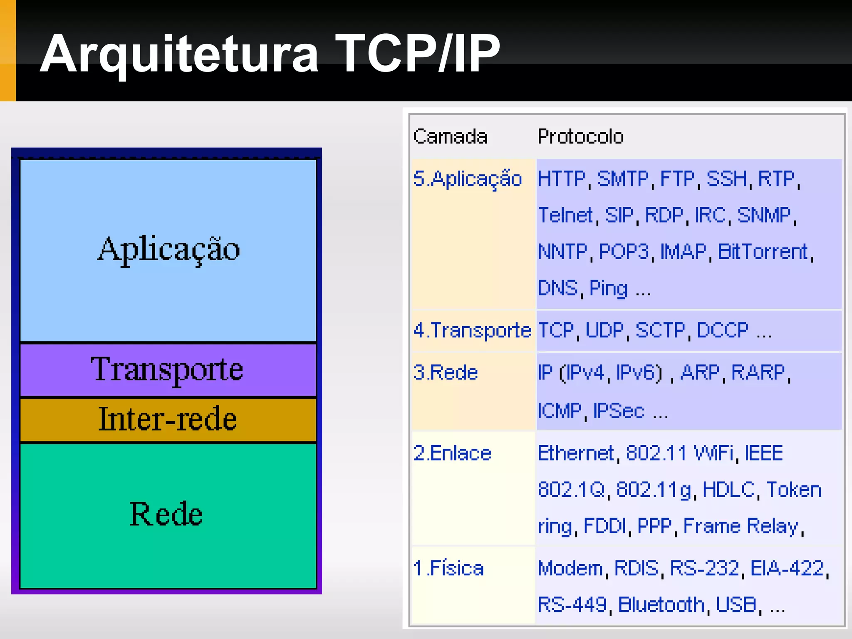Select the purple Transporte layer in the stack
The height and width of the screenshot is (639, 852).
[167, 369]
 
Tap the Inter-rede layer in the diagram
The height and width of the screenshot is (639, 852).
[167, 419]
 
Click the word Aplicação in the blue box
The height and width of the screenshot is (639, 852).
[168, 250]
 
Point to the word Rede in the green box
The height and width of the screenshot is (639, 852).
[166, 514]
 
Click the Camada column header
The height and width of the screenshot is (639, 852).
[450, 136]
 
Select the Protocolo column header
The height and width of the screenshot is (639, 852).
[580, 136]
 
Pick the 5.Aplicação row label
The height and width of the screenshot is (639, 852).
[467, 179]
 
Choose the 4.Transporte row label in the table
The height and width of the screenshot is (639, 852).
[472, 331]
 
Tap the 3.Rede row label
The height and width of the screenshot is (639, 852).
[445, 372]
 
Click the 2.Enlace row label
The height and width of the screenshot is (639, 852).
[452, 453]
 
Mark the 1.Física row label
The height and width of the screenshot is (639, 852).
[448, 568]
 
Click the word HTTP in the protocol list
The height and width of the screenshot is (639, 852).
[561, 179]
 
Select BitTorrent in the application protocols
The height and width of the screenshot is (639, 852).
[763, 252]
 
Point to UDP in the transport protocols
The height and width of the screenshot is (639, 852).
[604, 331]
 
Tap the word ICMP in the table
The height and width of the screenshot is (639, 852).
[559, 411]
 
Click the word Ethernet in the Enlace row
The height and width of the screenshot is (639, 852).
[575, 453]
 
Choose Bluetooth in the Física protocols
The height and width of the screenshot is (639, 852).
[661, 605]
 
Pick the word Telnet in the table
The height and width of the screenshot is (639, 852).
[565, 215]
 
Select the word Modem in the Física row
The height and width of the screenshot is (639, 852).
[570, 568]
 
